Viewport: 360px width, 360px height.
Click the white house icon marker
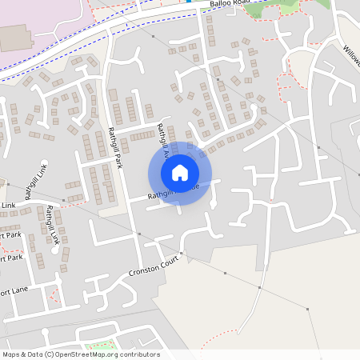click(x=180, y=173)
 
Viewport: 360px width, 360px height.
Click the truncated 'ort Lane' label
click(x=14, y=290)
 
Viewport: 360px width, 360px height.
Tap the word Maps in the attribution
click(x=12, y=354)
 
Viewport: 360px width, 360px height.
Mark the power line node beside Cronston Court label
click(x=182, y=254)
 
